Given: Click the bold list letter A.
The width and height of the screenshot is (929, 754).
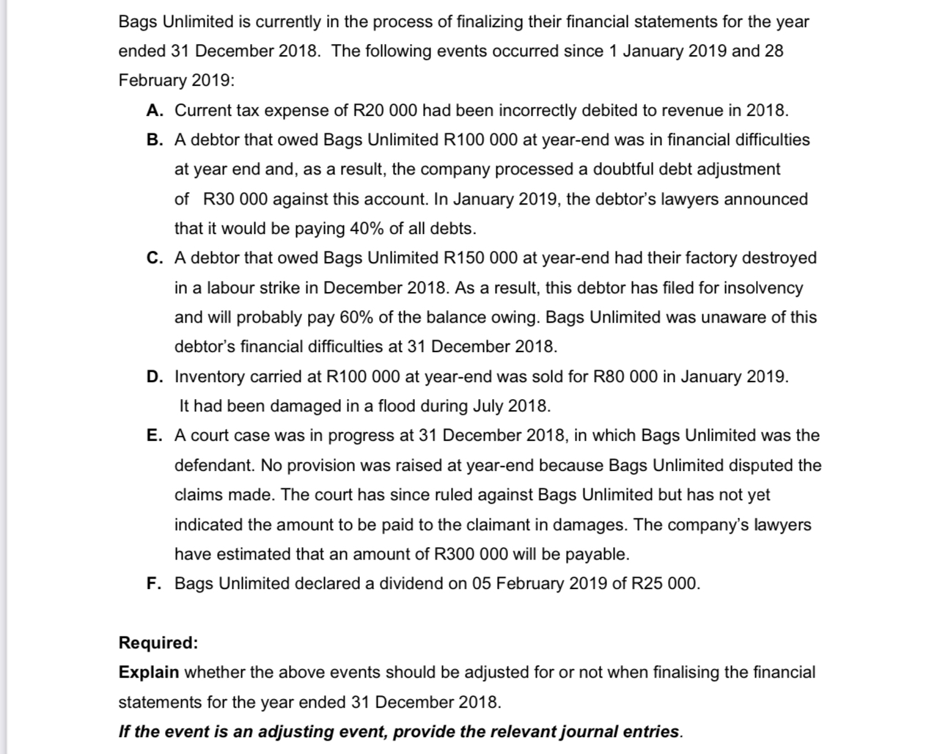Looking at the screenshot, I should coord(154,111).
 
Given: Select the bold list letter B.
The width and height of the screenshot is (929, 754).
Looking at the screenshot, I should coord(154,140).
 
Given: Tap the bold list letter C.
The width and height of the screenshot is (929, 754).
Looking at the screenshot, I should coord(154,258).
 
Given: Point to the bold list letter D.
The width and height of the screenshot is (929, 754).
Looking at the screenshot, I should coord(154,377).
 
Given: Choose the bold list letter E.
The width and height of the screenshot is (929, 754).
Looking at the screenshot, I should coord(154,436).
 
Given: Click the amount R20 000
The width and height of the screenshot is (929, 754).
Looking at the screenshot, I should coord(386,111).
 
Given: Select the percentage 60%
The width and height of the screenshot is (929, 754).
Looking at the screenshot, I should coord(357,318).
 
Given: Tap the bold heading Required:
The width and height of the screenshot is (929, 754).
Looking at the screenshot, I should coord(158,643).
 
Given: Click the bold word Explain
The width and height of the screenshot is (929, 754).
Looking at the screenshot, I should coord(149,673).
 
